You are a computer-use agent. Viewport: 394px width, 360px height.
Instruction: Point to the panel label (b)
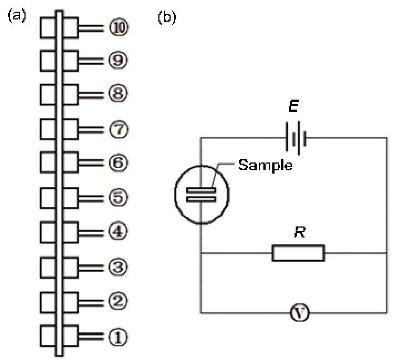pos(166,17)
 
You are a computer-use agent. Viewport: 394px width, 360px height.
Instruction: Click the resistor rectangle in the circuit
pos(298,254)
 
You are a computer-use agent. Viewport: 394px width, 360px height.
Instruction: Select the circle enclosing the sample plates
pos(200,194)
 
